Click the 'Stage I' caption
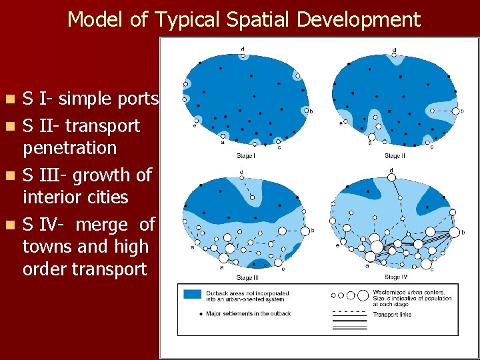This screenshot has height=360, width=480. coord(245,156)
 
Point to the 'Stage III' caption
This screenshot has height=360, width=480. coord(246,277)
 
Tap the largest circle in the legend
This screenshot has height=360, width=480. coord(363,295)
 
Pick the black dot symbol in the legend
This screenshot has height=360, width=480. coord(201,313)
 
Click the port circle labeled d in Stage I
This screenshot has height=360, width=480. coord(243,56)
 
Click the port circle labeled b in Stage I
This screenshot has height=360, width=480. coord(306,110)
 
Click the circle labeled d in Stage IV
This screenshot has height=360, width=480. coord(391,177)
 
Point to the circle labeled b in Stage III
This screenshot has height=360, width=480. coord(305,231)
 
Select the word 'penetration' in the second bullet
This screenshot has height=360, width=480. coord(69,148)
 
